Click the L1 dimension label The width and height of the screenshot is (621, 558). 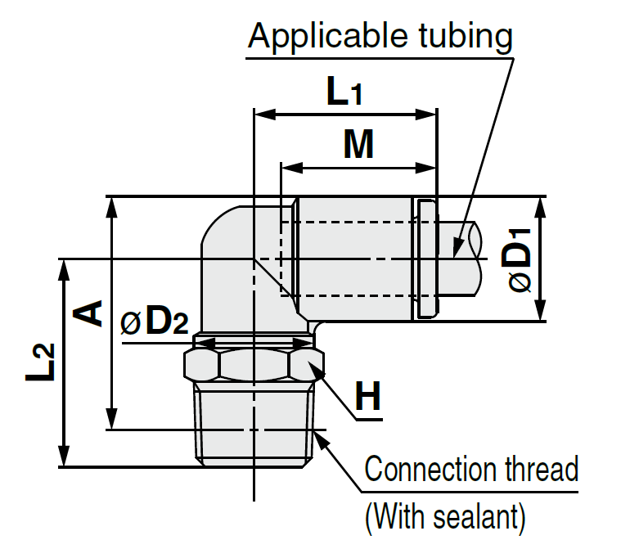pyautogui.click(x=344, y=92)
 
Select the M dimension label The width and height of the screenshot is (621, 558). pyautogui.click(x=358, y=146)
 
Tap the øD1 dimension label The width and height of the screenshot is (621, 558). pyautogui.click(x=519, y=260)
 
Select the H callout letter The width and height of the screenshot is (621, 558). pyautogui.click(x=368, y=398)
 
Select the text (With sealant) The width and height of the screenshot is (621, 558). pyautogui.click(x=443, y=516)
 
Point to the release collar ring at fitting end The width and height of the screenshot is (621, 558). pyautogui.click(x=425, y=259)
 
